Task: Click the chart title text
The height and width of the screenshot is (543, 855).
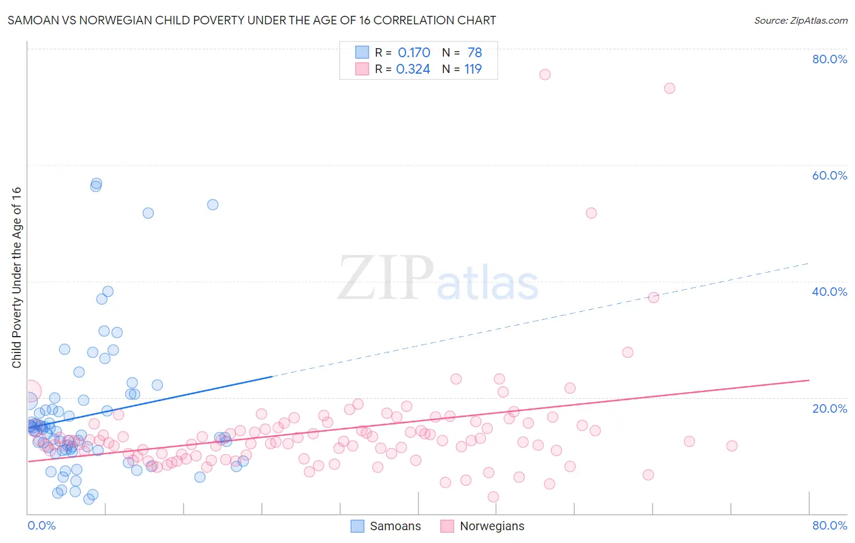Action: (252, 20)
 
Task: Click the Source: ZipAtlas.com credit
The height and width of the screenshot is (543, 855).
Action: (800, 20)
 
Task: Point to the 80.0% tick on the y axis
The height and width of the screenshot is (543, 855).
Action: (829, 59)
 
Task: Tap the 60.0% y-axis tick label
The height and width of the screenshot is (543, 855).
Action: (829, 175)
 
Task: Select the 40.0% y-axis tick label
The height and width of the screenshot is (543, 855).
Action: (829, 292)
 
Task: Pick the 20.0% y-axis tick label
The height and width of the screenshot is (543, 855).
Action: (829, 408)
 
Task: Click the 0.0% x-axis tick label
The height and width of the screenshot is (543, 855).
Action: (41, 525)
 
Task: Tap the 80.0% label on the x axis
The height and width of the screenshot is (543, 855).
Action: (829, 525)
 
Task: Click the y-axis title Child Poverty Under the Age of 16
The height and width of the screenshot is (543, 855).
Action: (16, 277)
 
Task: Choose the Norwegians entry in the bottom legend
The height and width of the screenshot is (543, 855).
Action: (483, 526)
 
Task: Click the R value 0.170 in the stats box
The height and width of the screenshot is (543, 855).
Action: (414, 53)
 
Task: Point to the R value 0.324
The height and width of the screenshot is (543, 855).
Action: (413, 69)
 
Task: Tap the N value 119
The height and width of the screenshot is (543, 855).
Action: (472, 69)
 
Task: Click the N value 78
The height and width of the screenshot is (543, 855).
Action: (474, 53)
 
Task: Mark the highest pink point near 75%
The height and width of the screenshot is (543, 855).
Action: (545, 74)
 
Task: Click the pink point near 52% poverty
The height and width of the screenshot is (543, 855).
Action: (591, 213)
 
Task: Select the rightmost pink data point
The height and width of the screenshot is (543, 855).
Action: (732, 446)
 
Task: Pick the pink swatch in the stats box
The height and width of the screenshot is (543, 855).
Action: (362, 69)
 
